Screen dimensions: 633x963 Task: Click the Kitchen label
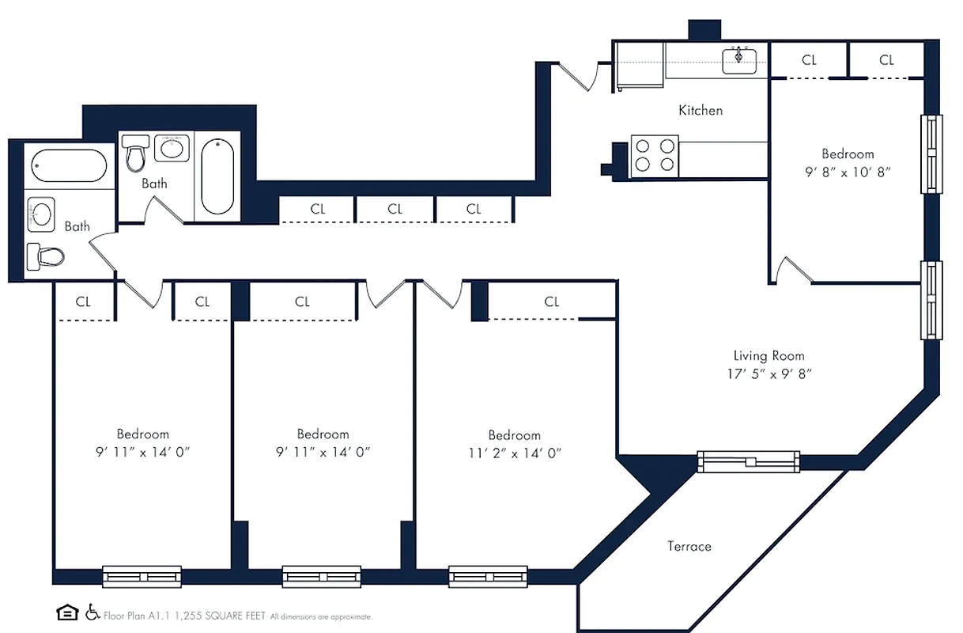tap(701, 111)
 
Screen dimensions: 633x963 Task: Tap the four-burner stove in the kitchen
tap(655, 155)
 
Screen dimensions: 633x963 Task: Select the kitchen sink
tap(739, 60)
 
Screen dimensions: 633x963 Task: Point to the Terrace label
tap(689, 547)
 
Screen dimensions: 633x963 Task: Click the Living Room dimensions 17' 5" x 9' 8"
tap(769, 374)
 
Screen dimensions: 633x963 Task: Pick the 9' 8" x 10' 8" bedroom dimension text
tap(848, 172)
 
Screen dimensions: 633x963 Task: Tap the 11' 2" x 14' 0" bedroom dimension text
tap(514, 453)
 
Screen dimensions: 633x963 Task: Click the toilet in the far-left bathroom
tap(45, 256)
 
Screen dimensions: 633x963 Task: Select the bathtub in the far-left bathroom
tap(69, 165)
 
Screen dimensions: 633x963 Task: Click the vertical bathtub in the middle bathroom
tap(217, 176)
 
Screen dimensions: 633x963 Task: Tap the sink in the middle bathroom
tap(172, 147)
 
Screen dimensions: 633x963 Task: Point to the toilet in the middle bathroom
tap(137, 153)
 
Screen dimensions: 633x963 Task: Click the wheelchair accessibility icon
tap(92, 612)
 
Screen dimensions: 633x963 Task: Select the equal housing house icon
tap(67, 612)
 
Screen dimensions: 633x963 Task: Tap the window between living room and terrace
tap(748, 461)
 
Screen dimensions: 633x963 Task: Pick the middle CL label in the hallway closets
tap(395, 210)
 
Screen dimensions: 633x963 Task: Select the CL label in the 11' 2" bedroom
tap(552, 302)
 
